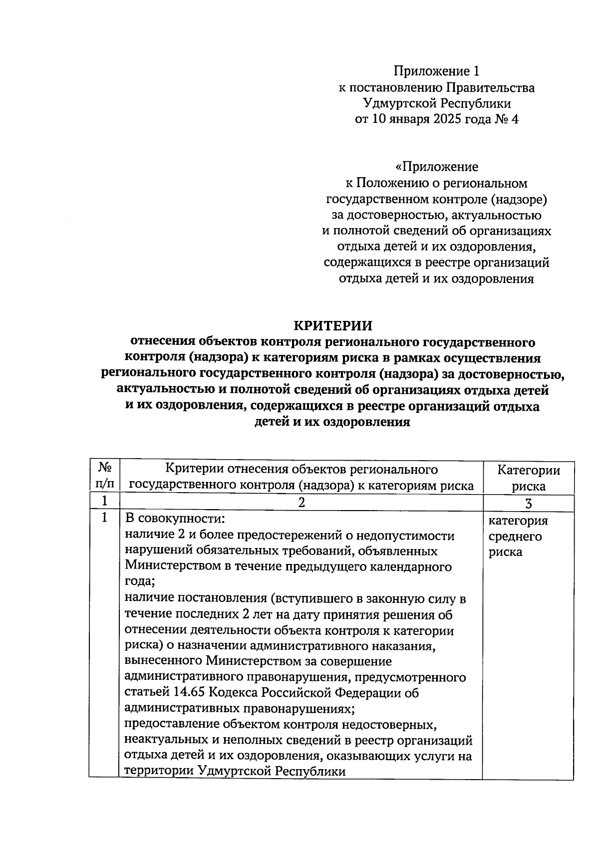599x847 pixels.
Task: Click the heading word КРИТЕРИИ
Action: [332, 325]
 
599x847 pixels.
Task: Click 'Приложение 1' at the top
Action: [436, 71]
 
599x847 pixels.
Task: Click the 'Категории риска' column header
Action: [529, 478]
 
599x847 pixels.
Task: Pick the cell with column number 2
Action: [301, 503]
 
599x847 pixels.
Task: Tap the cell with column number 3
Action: [529, 503]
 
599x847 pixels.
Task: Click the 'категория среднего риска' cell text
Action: [518, 536]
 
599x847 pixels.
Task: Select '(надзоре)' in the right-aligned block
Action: [519, 200]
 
